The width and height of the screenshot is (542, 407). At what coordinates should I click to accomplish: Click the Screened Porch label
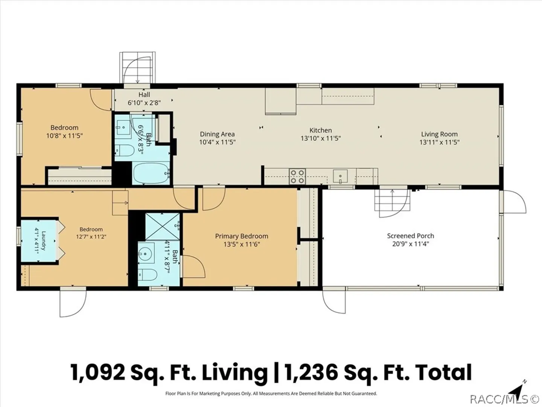click(x=410, y=236)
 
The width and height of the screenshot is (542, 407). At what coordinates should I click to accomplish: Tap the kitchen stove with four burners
click(x=298, y=176)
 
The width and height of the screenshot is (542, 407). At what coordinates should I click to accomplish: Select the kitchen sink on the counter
click(x=340, y=176)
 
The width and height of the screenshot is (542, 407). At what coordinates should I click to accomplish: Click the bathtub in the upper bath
click(x=151, y=173)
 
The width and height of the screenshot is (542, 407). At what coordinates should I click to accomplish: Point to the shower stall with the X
click(x=163, y=226)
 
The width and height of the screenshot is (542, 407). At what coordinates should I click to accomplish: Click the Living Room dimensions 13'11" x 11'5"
click(x=440, y=142)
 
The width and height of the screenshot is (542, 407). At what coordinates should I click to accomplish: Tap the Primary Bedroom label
click(x=242, y=236)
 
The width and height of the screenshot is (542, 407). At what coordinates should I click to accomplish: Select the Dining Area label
click(x=217, y=134)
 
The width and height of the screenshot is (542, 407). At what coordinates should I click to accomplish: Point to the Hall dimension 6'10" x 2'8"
click(x=144, y=103)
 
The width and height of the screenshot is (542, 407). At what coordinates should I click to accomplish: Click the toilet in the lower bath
click(x=148, y=274)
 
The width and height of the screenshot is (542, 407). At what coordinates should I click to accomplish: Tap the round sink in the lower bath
click(x=146, y=253)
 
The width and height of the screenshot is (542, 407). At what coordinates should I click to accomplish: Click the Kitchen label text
click(x=321, y=130)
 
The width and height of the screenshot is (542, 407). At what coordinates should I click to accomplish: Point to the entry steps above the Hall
click(x=137, y=67)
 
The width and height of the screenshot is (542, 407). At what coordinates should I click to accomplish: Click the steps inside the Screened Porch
click(x=392, y=200)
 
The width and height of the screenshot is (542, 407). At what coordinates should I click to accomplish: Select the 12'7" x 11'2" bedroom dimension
click(x=91, y=237)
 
